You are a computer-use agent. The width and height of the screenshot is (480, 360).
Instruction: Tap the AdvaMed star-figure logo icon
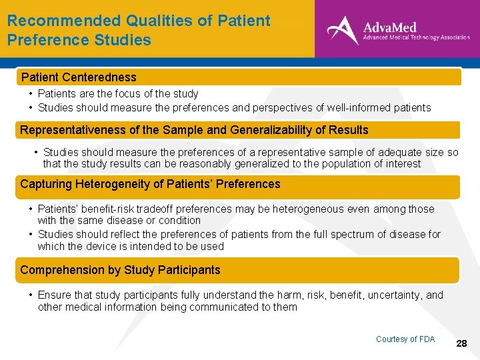tap(342, 29)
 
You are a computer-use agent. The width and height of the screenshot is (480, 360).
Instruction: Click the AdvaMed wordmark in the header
tap(389, 27)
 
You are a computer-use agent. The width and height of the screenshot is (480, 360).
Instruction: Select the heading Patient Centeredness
tap(79, 77)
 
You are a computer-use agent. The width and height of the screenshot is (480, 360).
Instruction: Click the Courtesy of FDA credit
tap(405, 339)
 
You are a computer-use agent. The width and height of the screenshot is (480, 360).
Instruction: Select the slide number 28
tap(461, 343)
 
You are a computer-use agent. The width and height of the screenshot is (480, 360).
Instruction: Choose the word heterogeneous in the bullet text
tap(324, 209)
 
